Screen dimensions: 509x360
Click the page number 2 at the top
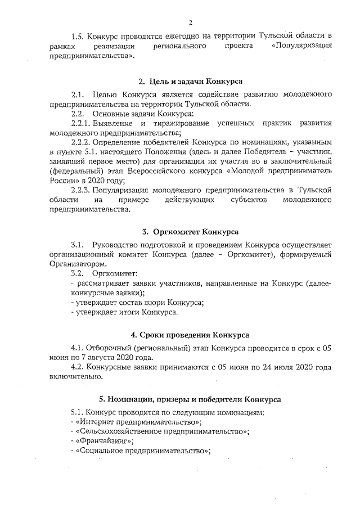(x=191, y=23)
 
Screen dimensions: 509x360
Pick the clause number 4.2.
(x=78, y=367)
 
